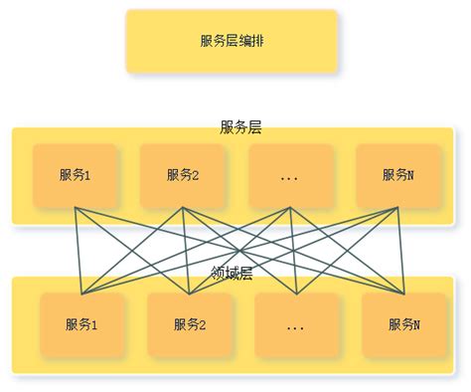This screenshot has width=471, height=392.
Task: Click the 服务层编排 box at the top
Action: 232,42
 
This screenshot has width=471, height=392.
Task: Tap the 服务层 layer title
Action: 240,127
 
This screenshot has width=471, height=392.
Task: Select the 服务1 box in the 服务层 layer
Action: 76,175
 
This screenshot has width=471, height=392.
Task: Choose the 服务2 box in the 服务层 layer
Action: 183,175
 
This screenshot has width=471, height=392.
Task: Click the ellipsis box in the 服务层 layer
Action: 290,175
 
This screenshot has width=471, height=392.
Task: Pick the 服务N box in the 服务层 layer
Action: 397,175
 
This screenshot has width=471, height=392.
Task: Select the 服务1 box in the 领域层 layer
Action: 82,324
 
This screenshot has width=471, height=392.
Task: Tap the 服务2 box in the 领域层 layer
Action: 190,324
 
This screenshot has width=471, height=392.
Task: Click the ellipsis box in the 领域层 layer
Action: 296,324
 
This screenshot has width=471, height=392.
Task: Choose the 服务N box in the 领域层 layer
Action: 403,324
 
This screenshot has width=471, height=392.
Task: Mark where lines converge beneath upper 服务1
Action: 77,208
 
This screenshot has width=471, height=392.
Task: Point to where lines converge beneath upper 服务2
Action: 183,208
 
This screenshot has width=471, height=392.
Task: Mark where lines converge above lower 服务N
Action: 403,294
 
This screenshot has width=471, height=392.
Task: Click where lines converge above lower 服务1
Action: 82,294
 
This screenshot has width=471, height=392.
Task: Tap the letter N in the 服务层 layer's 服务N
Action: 410,175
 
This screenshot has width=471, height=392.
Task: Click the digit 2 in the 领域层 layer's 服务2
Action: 203,324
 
